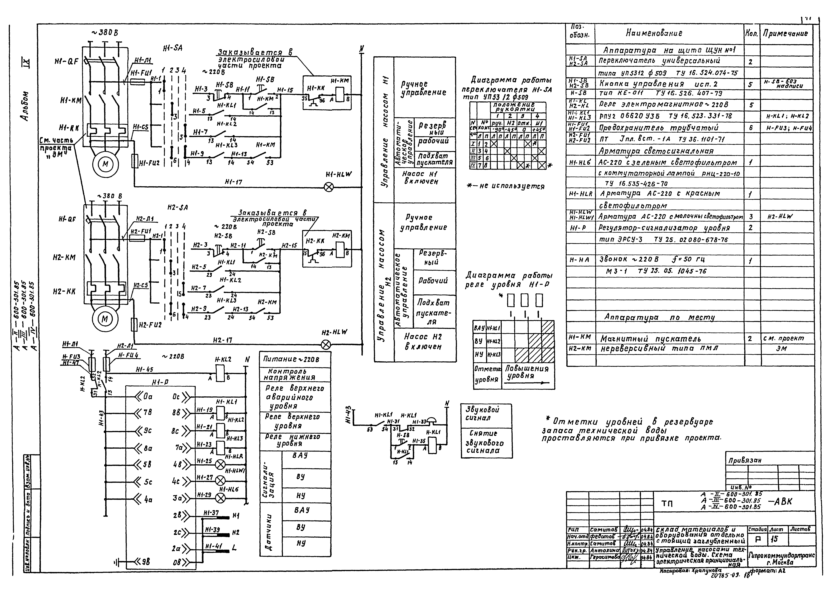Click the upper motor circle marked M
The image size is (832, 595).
[x=105, y=164]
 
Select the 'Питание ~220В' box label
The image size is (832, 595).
[x=291, y=359]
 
